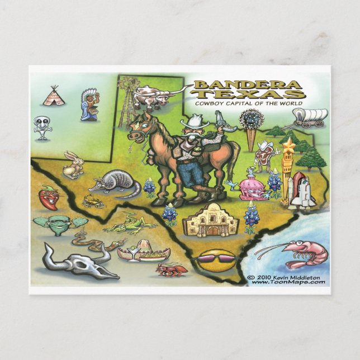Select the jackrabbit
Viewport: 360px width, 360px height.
pyautogui.click(x=73, y=164)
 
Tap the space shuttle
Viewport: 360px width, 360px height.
pyautogui.click(x=301, y=191)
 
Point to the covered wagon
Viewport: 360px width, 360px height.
pyautogui.click(x=310, y=116)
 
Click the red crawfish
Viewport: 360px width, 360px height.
pyautogui.click(x=170, y=271)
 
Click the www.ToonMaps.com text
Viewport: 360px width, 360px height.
pyautogui.click(x=288, y=282)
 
